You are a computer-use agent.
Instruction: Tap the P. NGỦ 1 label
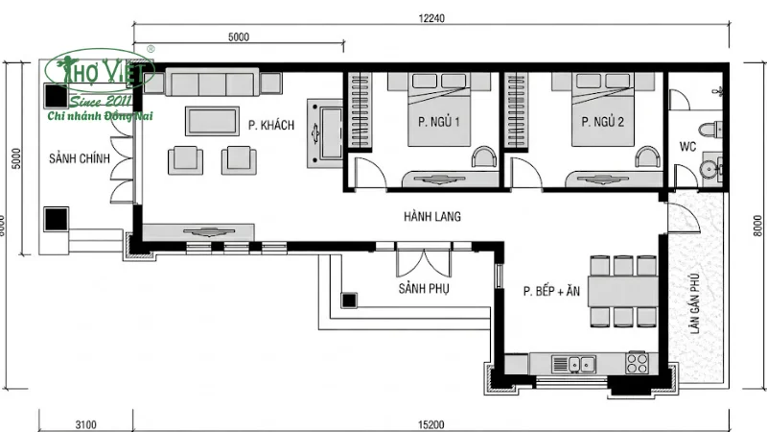coord(440,122)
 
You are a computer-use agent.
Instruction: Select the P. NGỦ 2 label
coord(603,122)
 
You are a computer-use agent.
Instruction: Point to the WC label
coord(687,147)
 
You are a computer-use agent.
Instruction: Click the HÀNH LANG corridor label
coord(431,217)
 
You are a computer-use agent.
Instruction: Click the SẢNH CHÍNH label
coord(80,158)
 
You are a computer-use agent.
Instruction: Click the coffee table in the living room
coord(213,120)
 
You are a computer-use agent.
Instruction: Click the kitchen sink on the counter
coord(578,364)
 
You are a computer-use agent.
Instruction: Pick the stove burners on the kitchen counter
coord(637,364)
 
